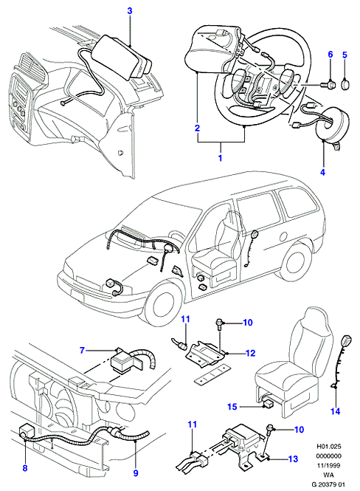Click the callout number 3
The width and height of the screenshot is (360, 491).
point(130,11)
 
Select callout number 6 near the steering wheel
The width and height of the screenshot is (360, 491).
point(330,55)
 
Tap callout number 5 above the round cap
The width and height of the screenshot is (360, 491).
point(345,55)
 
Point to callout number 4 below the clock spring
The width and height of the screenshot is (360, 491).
point(322,172)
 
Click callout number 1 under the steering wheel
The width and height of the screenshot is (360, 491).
point(220,157)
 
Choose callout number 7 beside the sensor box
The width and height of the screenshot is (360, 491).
point(83,350)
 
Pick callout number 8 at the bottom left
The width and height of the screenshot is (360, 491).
point(25,468)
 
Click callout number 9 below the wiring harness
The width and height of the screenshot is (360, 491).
point(136,473)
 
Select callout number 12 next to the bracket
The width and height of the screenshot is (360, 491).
point(251,353)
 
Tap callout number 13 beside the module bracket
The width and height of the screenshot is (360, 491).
point(293,459)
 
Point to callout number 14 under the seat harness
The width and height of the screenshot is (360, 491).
point(336,411)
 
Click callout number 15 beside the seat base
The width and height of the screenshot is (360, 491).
point(232,406)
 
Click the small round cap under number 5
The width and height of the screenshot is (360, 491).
point(345,85)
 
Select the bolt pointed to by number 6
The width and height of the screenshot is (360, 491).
point(329,84)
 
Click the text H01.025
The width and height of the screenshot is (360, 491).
point(329,447)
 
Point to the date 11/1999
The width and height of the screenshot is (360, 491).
point(329,465)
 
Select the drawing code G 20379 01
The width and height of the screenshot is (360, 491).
point(328,484)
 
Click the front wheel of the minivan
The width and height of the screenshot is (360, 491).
point(159,305)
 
